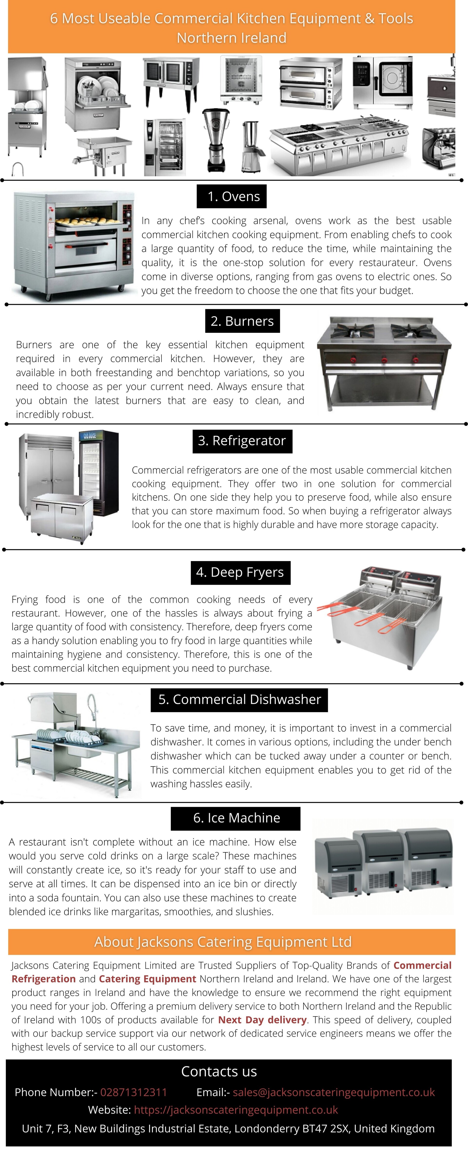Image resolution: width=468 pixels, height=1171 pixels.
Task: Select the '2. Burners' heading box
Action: click(242, 321)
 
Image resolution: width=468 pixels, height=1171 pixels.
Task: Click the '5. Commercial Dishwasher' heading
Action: click(239, 699)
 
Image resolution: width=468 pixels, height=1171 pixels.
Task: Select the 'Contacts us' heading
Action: click(219, 1071)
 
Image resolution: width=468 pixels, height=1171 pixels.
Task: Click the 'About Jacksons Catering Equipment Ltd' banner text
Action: click(223, 942)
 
